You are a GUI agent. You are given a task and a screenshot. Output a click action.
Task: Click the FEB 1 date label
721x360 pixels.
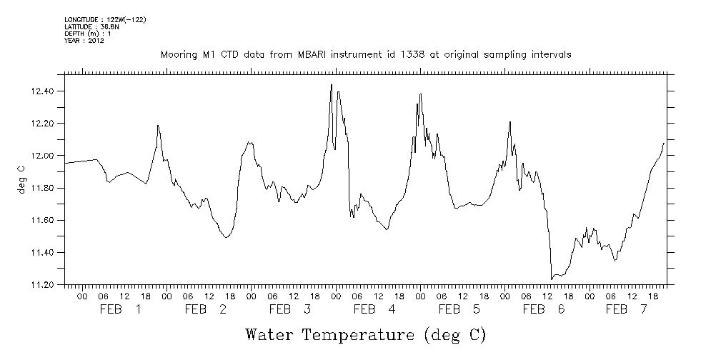point(121,309)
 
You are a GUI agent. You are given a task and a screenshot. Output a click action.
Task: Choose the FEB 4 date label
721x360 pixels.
point(374,309)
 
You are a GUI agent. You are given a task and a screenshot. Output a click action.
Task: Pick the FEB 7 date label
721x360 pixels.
point(626,309)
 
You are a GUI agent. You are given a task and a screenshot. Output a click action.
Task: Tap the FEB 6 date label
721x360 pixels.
point(543,309)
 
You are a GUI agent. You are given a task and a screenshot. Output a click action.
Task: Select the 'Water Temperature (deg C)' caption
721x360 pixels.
point(365,334)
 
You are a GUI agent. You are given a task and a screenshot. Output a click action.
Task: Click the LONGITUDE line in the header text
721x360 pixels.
point(105,19)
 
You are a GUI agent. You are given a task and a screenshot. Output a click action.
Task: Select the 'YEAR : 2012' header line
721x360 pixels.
point(84,41)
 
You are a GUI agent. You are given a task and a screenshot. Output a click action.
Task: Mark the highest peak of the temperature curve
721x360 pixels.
point(332,84)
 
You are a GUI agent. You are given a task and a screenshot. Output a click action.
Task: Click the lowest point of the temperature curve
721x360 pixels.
point(552,279)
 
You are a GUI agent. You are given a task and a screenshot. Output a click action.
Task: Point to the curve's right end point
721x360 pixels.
point(665,143)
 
